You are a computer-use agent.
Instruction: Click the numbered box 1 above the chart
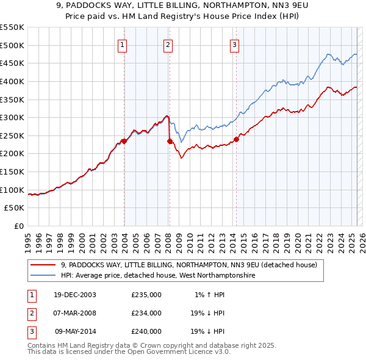click(123, 44)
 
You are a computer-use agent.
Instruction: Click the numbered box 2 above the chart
click(168, 44)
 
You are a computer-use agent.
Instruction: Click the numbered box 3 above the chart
click(235, 44)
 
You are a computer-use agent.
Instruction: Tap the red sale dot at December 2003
click(124, 141)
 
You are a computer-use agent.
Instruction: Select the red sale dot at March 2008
click(170, 141)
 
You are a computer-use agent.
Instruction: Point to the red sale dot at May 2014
click(236, 139)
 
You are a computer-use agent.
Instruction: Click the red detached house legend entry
click(188, 265)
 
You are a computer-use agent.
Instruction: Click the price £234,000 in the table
click(146, 313)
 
